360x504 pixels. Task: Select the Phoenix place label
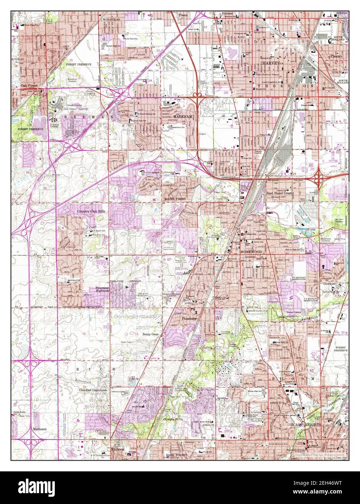pos(337,57)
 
